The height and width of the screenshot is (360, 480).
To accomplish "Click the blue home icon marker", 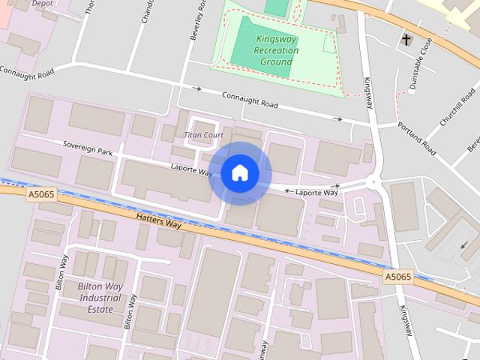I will click(x=239, y=173).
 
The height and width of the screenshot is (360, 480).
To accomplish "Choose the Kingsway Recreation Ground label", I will click(x=277, y=50).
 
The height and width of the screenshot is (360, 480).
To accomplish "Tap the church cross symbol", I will click(x=406, y=38).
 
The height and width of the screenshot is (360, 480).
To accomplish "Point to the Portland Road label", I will click(x=417, y=139).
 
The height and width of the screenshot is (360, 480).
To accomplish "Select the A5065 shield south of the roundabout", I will click(x=398, y=277).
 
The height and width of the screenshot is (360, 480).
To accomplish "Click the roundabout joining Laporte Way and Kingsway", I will click(x=373, y=182).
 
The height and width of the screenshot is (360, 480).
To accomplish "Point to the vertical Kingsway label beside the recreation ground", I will click(x=368, y=93).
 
